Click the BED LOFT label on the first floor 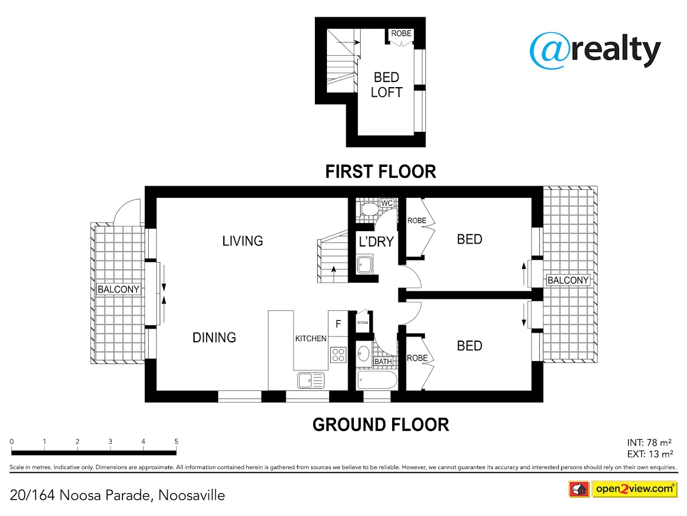click(x=386, y=85)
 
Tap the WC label click(x=387, y=203)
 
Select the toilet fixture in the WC click(x=369, y=209)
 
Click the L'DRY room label click(x=376, y=241)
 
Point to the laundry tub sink click(x=365, y=264)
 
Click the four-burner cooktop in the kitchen click(x=338, y=355)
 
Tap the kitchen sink click(x=310, y=380)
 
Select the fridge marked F click(x=338, y=323)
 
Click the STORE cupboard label click(x=363, y=322)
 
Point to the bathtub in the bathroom click(x=377, y=380)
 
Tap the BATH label click(x=383, y=362)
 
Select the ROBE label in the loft click(x=401, y=33)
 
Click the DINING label click(x=214, y=338)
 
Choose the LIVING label click(x=243, y=241)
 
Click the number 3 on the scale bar click(x=110, y=441)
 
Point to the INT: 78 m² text click(x=649, y=443)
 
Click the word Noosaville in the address click(x=192, y=495)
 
